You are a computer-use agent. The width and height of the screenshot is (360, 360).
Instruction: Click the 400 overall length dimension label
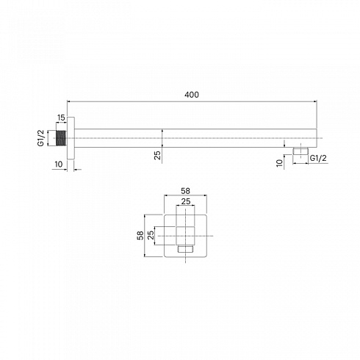click(192, 95)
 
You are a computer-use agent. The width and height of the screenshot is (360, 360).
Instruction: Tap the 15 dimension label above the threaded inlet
click(61, 118)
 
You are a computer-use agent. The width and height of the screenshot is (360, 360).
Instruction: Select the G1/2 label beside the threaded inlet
click(41, 138)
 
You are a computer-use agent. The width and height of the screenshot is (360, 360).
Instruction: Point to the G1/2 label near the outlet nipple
click(318, 158)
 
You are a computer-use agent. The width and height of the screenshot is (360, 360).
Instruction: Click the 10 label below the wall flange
click(59, 164)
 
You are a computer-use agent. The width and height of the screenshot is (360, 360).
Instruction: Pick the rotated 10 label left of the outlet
click(279, 163)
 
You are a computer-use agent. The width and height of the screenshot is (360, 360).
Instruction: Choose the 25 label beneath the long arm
click(158, 155)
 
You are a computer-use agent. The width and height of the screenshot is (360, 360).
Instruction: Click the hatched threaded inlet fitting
click(62, 138)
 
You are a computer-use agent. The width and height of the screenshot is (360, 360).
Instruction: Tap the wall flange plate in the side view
click(71, 138)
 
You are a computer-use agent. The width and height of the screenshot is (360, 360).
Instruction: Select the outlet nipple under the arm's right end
click(300, 151)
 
